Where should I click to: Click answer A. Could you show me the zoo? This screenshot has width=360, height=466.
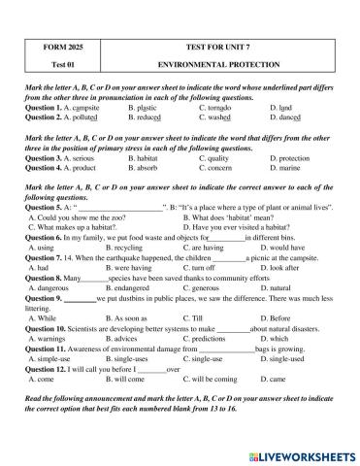[81, 216]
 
